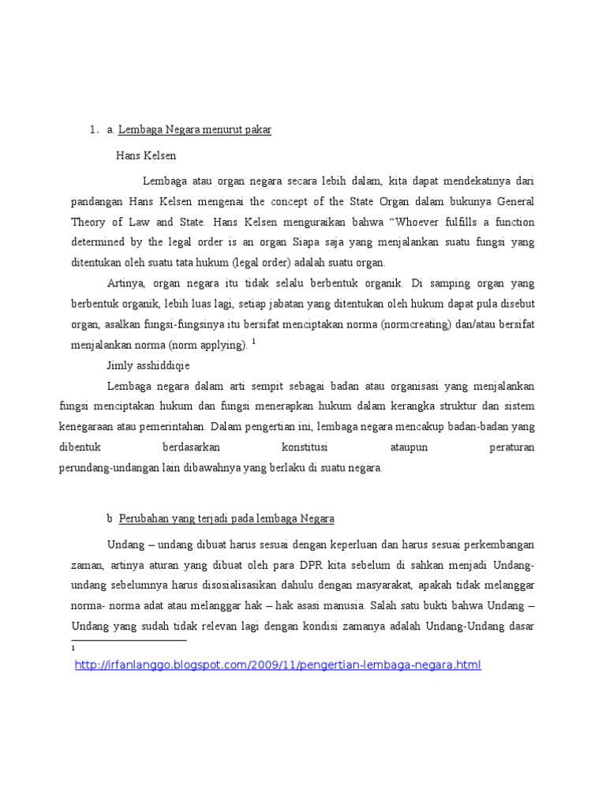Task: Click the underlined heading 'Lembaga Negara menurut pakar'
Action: [195, 130]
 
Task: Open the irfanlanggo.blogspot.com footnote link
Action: [277, 665]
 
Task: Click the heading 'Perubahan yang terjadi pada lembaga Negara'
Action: [227, 518]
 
